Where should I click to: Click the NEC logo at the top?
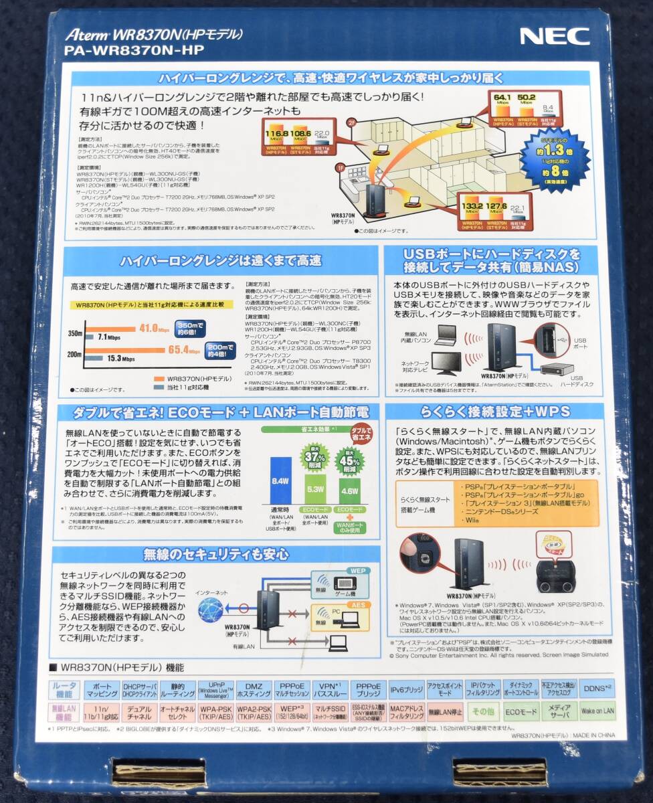(x=555, y=37)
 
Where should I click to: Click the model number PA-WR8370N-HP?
(x=134, y=50)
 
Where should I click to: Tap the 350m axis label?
(x=75, y=333)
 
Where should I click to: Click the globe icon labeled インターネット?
(x=211, y=609)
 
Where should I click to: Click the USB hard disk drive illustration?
(x=557, y=369)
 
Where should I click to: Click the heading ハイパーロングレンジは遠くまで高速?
(x=221, y=260)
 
